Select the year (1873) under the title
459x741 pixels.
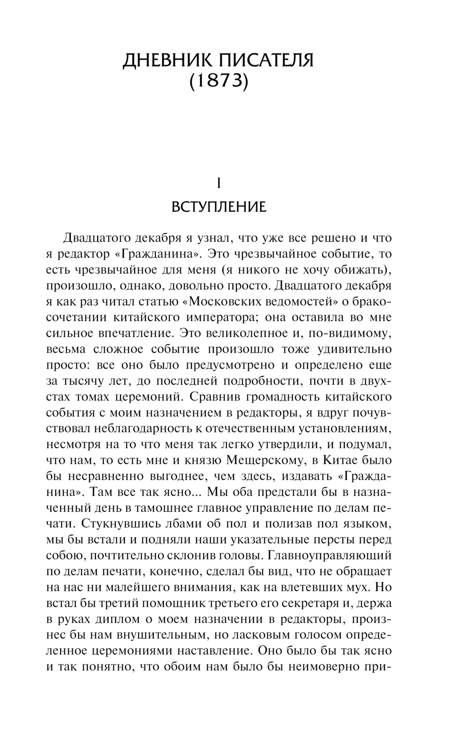218,82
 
